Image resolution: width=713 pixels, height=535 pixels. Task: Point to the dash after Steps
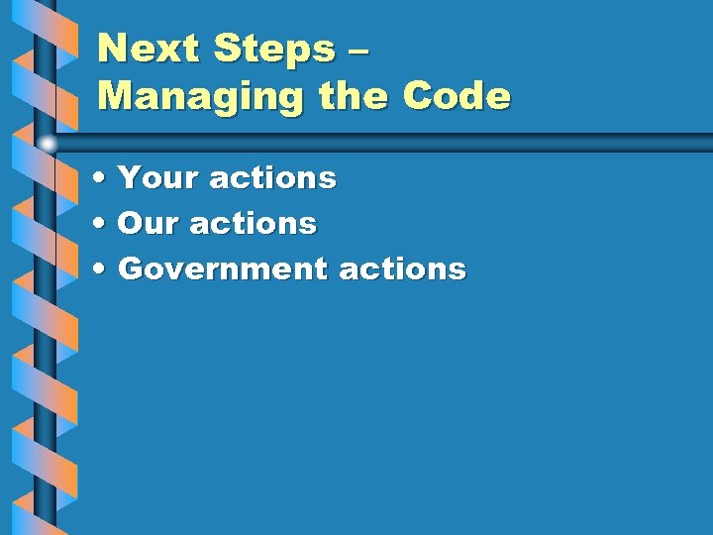pos(359,50)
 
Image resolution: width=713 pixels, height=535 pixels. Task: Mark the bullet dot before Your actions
pos(103,179)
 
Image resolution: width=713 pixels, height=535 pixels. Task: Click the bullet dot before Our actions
pos(103,224)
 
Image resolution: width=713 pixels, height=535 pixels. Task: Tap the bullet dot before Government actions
pos(103,269)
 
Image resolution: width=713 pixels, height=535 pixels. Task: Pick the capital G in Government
pos(130,268)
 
